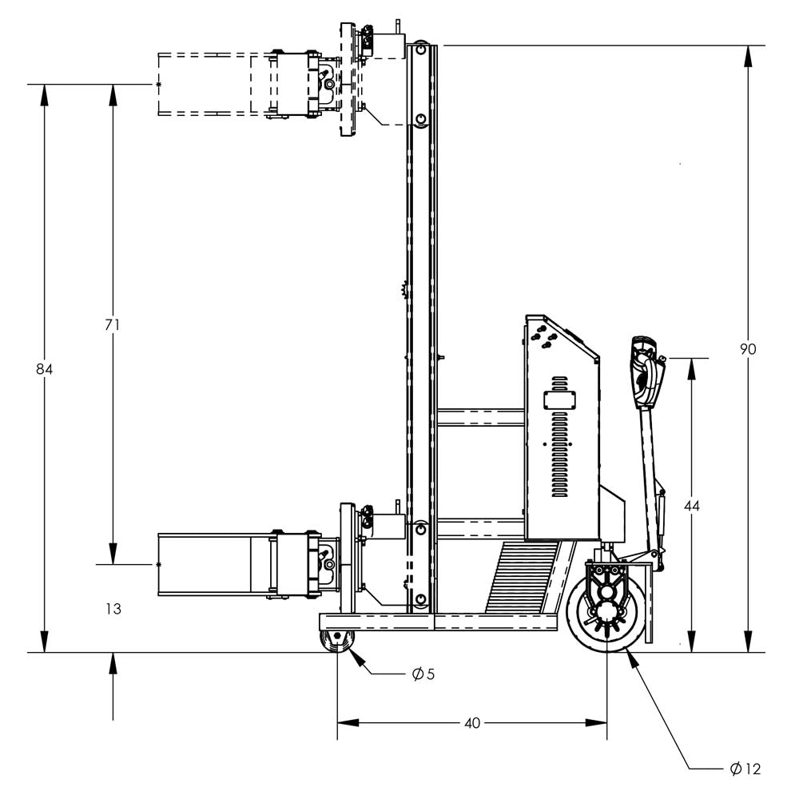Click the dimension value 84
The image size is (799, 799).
pos(44,369)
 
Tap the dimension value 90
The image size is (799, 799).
pos(748,349)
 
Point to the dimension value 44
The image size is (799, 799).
pos(692,506)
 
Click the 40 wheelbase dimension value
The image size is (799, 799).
pos(472,723)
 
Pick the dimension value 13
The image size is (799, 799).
pos(113,609)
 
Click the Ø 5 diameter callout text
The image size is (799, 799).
pos(423,674)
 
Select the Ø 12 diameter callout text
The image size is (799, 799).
pos(745,769)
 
